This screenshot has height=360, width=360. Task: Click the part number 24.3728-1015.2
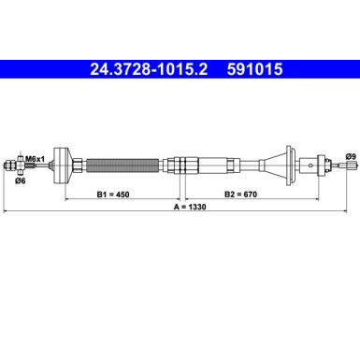pyautogui.click(x=148, y=68)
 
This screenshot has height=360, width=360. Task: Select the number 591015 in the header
pyautogui.click(x=248, y=68)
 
